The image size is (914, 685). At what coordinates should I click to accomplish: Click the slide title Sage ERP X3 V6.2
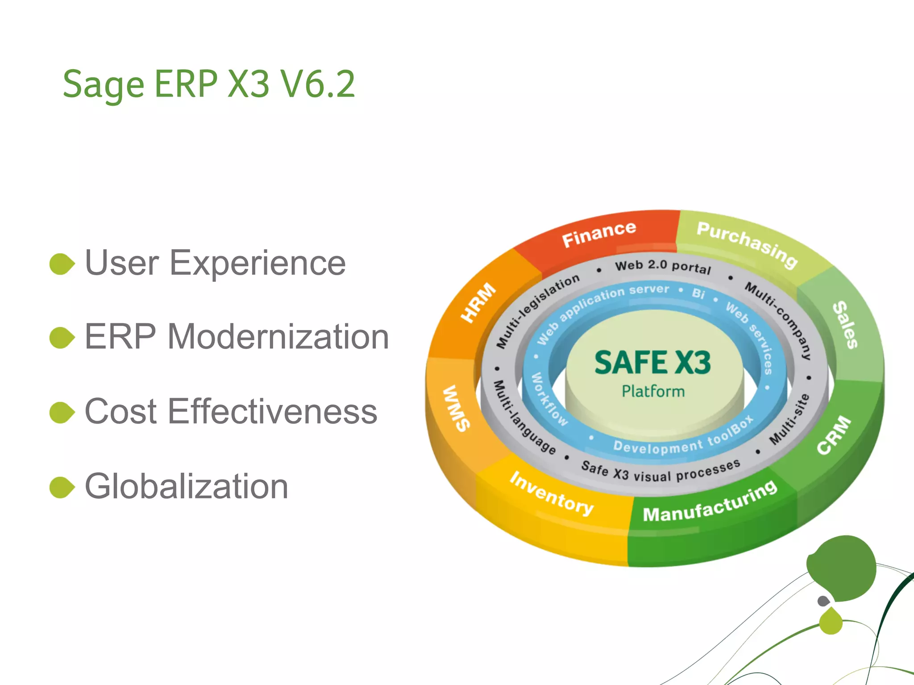tap(209, 85)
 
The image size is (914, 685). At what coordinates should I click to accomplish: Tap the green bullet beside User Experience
tap(62, 264)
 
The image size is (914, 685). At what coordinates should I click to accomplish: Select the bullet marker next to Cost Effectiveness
tap(62, 413)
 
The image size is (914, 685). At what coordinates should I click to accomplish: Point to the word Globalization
tap(187, 487)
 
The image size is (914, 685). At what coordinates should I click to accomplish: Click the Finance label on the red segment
tap(598, 234)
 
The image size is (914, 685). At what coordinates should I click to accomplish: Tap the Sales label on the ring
tap(845, 325)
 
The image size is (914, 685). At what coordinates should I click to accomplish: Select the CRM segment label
tap(834, 435)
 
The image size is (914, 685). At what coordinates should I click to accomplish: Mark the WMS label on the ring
tap(456, 409)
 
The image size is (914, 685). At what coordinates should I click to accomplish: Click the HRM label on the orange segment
tap(478, 302)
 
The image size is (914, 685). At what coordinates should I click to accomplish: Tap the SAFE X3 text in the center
tap(652, 362)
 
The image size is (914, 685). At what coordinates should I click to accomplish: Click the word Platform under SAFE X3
tap(653, 392)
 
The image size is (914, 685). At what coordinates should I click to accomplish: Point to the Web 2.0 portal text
tap(663, 266)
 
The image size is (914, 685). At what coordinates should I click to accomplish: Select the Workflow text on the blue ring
tap(549, 399)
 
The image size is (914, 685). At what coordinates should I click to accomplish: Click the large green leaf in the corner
tap(842, 569)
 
